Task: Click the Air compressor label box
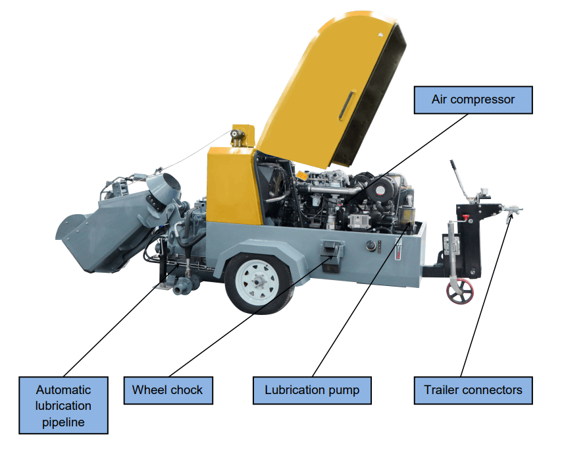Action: coord(473,100)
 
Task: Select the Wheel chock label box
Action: coord(168,391)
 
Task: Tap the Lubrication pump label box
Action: coord(312,391)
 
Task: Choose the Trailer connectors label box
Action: coord(473,391)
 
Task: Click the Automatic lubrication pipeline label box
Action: coord(63,405)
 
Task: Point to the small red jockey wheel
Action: coord(460,291)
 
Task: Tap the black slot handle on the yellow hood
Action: coord(346,105)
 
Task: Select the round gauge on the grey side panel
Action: coord(371,246)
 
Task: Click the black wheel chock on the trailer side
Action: coord(331,256)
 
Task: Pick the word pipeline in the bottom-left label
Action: coord(63,422)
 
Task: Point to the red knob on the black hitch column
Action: coord(465,217)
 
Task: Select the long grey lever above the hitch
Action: coord(460,181)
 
